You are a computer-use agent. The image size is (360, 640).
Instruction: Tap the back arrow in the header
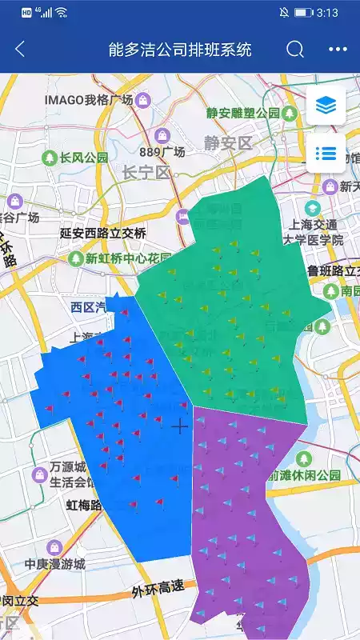pyautogui.click(x=20, y=50)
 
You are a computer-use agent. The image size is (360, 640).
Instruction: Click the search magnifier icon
pyautogui.click(x=295, y=50)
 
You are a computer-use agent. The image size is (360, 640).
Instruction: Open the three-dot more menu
pyautogui.click(x=338, y=50)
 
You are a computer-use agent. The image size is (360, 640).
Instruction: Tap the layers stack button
pyautogui.click(x=326, y=105)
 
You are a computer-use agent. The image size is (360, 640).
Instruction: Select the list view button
pyautogui.click(x=326, y=153)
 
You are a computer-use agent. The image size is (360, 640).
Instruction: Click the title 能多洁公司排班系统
pyautogui.click(x=180, y=50)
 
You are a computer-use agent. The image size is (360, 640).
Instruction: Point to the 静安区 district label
pyautogui.click(x=227, y=143)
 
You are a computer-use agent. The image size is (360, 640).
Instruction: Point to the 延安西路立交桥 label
pyautogui.click(x=103, y=234)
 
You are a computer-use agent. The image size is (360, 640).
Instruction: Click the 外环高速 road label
pyautogui.click(x=158, y=590)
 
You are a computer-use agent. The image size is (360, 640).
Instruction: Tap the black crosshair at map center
pyautogui.click(x=180, y=426)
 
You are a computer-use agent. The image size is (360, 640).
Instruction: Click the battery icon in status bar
pyautogui.click(x=303, y=13)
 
